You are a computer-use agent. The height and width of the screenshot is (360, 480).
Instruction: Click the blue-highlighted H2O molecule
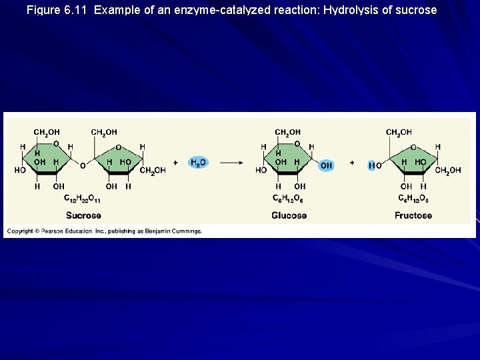tap(198, 162)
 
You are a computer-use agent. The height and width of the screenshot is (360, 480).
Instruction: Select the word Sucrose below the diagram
tap(83, 215)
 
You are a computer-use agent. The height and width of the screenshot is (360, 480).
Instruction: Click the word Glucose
tap(289, 215)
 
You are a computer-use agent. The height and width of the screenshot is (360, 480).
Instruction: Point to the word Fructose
tap(413, 215)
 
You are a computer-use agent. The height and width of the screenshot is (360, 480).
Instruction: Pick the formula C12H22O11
tap(83, 198)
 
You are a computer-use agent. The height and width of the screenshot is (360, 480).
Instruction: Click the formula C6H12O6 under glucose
tap(289, 198)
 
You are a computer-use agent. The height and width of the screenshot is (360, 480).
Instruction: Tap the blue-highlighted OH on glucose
tap(326, 165)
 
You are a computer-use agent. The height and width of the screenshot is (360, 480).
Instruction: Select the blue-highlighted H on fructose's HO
tap(371, 165)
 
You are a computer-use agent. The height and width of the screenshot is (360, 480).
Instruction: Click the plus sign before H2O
tap(175, 162)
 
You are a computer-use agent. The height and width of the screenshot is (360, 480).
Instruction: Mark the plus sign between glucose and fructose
tap(351, 162)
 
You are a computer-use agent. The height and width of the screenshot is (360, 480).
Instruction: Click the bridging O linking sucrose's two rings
tap(83, 165)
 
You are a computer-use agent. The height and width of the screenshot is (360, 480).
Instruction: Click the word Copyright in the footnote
tap(20, 231)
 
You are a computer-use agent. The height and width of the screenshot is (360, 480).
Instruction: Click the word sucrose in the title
tap(416, 10)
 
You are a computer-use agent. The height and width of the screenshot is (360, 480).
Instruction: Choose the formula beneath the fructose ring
tap(413, 198)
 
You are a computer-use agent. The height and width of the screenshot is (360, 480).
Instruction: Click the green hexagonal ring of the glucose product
tap(289, 160)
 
